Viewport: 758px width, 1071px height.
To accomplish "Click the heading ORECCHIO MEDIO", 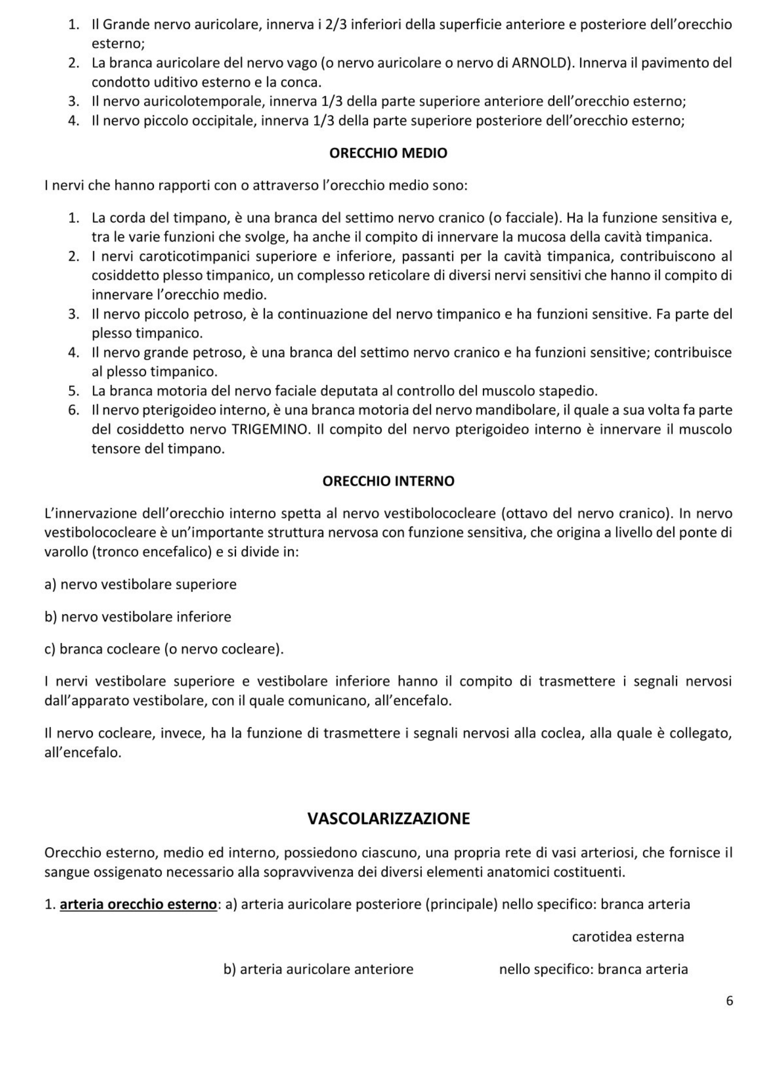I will pos(388,153).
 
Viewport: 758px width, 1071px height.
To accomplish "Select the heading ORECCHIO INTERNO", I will pos(388,481).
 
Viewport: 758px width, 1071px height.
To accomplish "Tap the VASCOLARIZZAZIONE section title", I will pos(388,818).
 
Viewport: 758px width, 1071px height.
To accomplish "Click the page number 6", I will pos(729,1001).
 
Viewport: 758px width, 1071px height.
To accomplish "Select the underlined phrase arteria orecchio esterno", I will pos(138,904).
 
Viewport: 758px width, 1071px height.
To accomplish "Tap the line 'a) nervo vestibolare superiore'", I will pos(140,584).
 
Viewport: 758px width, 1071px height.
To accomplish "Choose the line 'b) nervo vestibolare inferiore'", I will pos(138,616).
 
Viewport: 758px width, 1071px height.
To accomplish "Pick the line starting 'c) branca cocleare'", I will pos(164,649).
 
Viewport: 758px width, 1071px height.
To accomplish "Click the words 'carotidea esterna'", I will pos(628,937).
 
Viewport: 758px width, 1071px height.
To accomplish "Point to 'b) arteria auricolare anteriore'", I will pos(318,969).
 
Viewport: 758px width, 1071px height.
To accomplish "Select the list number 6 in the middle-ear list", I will pos(73,410).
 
